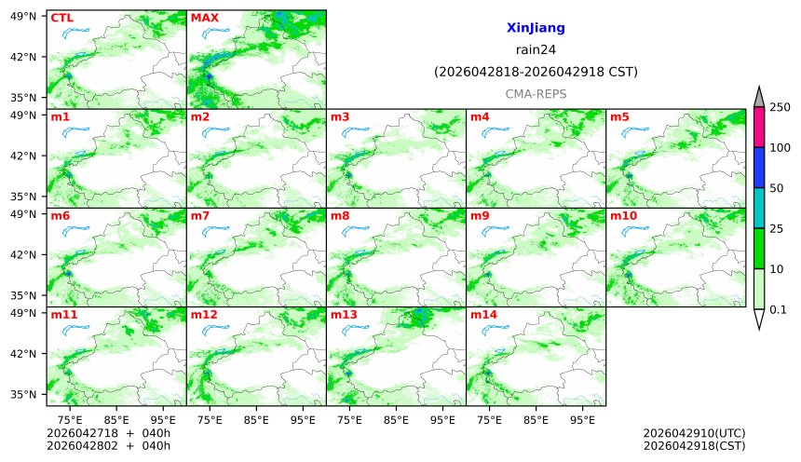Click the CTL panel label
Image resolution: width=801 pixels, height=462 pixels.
61,18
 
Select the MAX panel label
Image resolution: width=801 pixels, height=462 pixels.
204,18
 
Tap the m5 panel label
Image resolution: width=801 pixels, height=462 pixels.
619,116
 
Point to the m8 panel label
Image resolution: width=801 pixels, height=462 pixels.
340,216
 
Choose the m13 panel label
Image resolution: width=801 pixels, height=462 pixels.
343,315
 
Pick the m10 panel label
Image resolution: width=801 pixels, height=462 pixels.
623,216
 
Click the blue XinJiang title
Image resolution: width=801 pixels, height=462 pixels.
536,29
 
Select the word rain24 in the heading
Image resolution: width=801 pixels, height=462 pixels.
536,50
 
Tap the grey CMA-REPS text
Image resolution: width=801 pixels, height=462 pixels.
536,94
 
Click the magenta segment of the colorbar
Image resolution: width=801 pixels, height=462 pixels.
759,127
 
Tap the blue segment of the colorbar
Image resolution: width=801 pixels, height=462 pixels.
759,168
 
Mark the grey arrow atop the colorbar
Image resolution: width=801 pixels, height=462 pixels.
759,97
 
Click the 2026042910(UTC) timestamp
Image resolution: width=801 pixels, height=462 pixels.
694,433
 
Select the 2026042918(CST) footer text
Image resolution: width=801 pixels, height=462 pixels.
694,446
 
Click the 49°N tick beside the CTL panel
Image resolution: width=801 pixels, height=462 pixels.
28,16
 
